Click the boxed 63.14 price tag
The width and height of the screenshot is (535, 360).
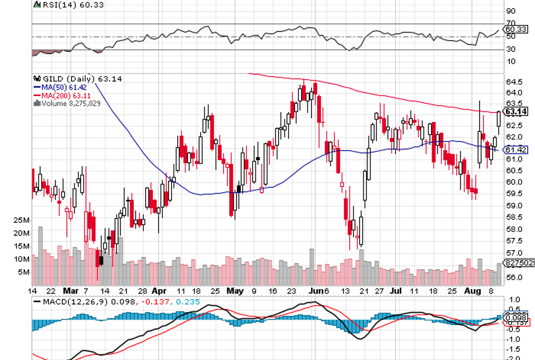(516, 111)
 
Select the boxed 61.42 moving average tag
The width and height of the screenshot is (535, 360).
(516, 150)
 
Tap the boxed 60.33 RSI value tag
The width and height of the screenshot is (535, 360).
(516, 29)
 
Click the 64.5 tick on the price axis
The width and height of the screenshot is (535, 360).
(513, 82)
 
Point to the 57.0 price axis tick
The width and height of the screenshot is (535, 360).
(513, 253)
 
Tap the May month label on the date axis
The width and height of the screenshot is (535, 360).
(234, 290)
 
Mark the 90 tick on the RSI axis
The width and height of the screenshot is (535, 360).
(510, 11)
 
